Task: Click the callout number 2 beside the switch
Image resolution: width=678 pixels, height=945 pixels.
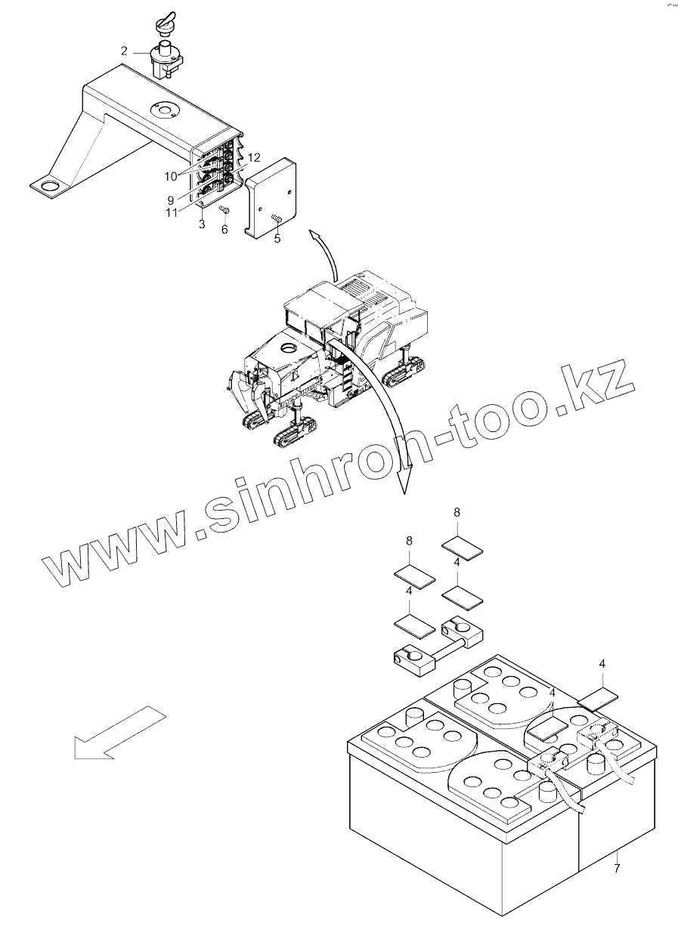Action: [124, 52]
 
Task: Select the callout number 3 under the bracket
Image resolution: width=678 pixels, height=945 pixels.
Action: [202, 224]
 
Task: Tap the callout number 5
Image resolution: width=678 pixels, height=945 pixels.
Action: [277, 239]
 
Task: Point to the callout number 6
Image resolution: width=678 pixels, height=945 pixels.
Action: [224, 230]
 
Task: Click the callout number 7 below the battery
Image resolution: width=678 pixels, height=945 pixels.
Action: [617, 869]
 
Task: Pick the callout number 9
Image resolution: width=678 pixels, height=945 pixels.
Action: [172, 200]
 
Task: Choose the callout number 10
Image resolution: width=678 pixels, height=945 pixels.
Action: [172, 175]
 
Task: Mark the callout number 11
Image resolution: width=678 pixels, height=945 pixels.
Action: [173, 213]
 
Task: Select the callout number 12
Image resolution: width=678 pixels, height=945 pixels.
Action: [254, 158]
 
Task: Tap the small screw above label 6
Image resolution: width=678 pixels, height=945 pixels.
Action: [224, 209]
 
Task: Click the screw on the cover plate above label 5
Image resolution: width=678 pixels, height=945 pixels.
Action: [276, 218]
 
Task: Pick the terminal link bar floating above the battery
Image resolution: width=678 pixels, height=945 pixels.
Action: [438, 642]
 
